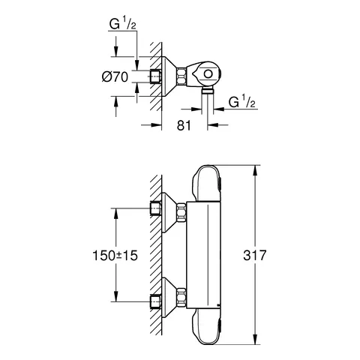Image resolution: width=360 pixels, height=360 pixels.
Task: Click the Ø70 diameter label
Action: point(124,76)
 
